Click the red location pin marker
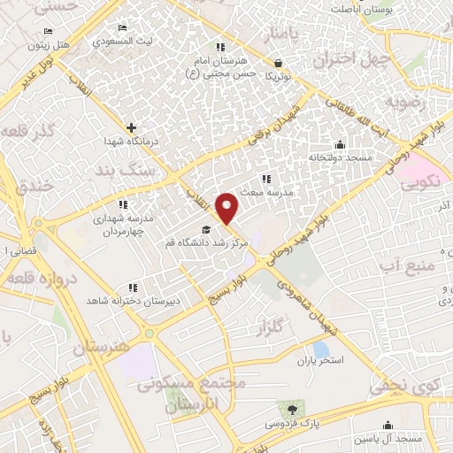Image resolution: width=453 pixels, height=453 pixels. tap(228, 207)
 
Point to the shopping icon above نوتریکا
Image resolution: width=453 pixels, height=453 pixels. tap(280, 63)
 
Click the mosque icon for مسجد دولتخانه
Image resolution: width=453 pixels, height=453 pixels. tap(338, 145)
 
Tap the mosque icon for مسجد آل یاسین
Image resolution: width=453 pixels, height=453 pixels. tap(387, 426)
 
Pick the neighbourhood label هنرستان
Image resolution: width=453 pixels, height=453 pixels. tap(101, 348)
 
